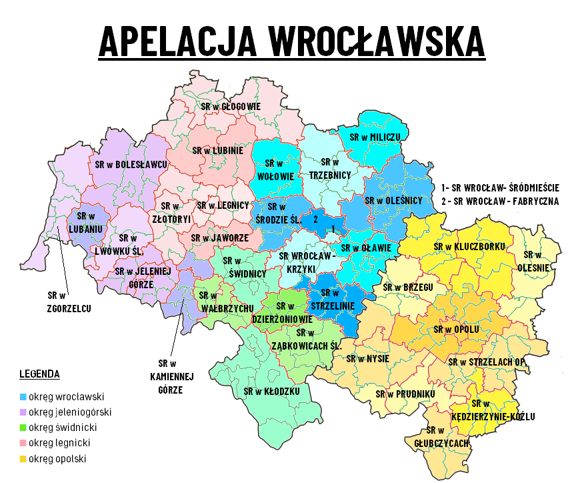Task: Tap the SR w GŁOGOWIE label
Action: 231,106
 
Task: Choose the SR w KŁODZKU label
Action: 271,391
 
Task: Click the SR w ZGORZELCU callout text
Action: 69,302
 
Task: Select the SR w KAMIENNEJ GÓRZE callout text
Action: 170,376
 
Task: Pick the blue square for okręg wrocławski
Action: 23,397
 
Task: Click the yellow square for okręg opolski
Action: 23,459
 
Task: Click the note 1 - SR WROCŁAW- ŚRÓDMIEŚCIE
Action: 501,188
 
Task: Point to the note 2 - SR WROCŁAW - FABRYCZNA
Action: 500,201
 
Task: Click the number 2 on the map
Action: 315,218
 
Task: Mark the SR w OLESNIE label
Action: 537,261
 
